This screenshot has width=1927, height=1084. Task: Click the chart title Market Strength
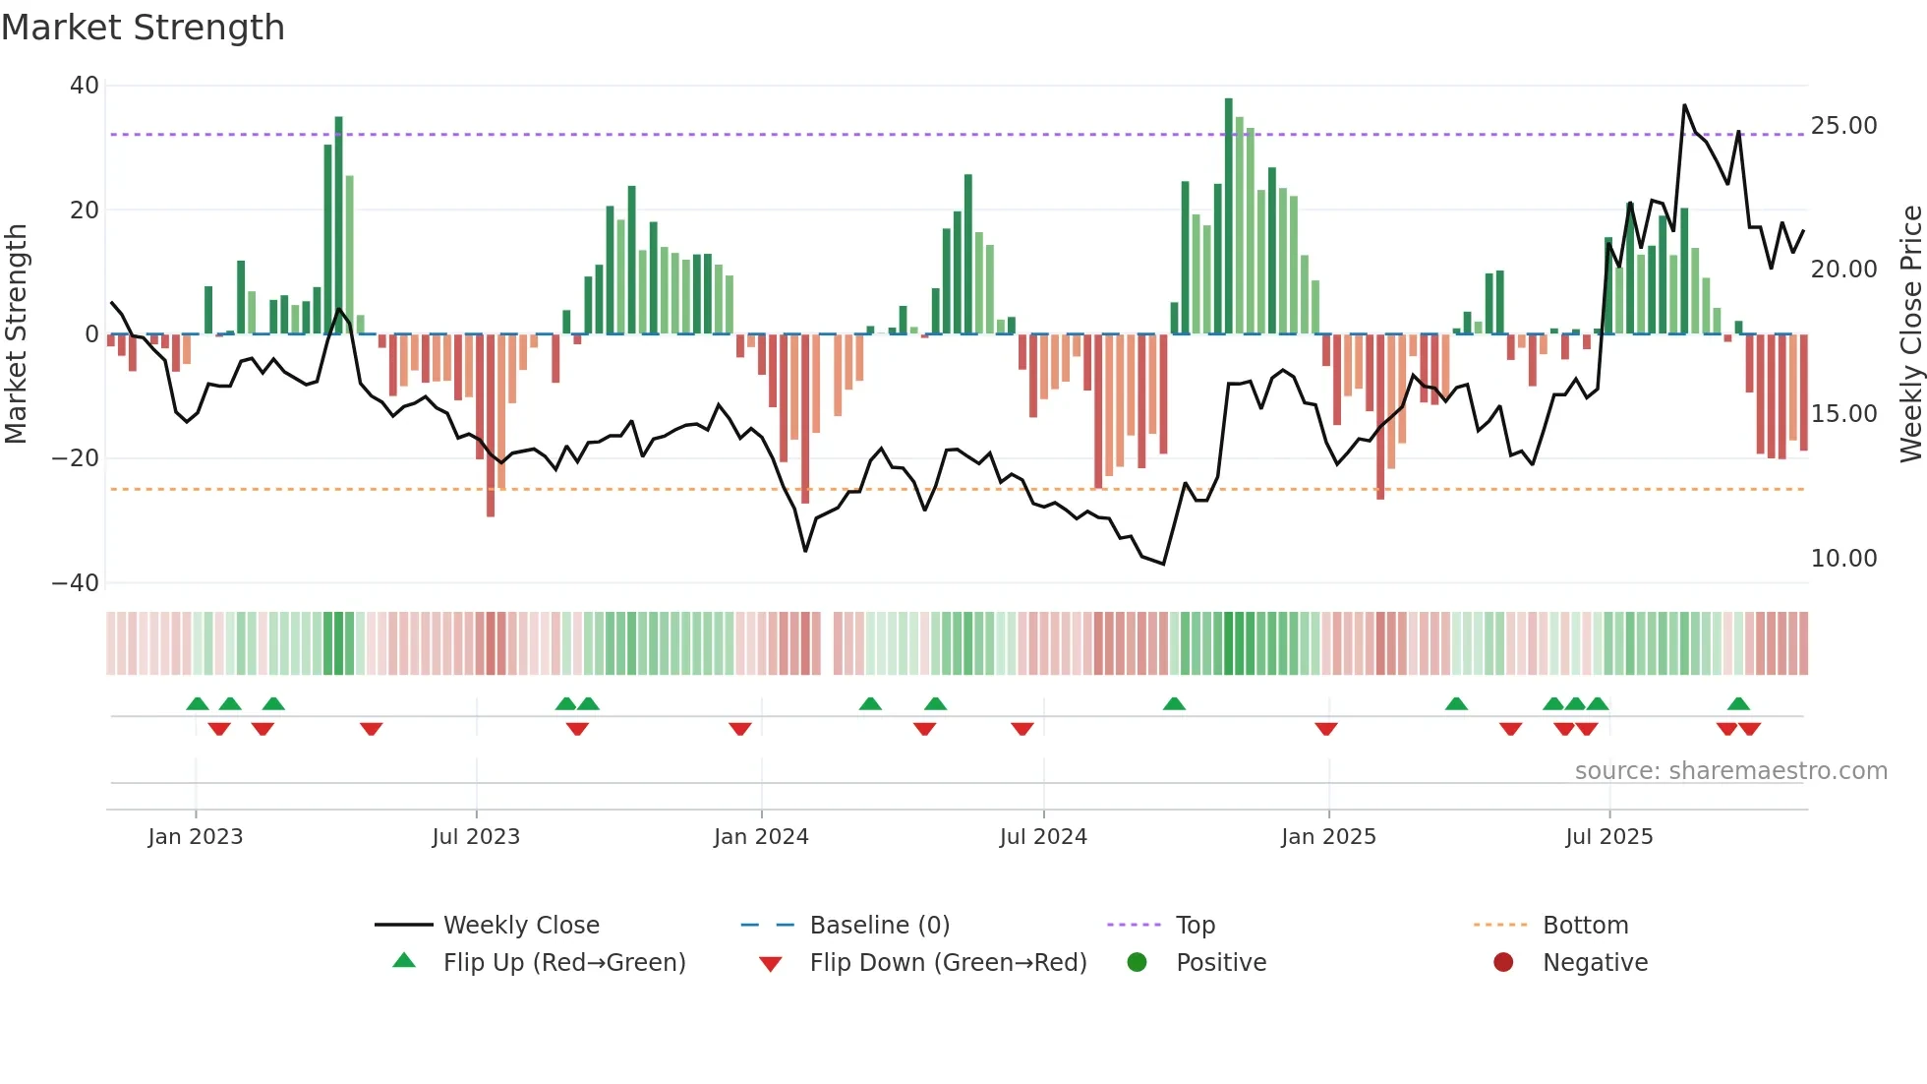(143, 28)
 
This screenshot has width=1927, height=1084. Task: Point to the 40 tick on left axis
(85, 86)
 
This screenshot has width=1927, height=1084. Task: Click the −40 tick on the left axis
(76, 583)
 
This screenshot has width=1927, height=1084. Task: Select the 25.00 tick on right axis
(1843, 126)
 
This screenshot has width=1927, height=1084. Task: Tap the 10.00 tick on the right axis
(1843, 559)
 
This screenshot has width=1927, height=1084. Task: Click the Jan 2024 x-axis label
(761, 837)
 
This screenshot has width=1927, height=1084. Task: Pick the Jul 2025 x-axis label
(1608, 837)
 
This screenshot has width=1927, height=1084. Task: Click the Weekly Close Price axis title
(1910, 334)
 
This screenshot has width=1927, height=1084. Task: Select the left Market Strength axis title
(17, 334)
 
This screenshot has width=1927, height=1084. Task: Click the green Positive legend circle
(1138, 963)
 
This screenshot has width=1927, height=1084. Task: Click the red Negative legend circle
(1503, 963)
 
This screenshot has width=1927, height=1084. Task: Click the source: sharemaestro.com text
(1730, 771)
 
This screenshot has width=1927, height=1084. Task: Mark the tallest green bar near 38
(1228, 216)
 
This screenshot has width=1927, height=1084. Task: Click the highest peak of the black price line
(1684, 105)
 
